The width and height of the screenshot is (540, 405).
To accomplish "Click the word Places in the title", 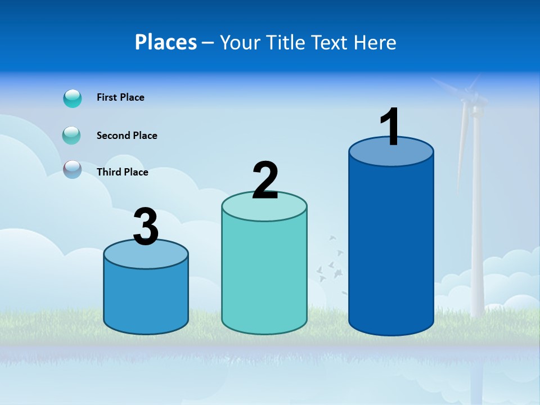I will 166,42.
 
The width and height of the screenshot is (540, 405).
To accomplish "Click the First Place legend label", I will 120,97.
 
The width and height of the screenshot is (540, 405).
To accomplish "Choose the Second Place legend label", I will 127,136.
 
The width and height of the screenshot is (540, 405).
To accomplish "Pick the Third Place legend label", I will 122,172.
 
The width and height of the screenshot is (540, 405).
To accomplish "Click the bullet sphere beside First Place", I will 73,98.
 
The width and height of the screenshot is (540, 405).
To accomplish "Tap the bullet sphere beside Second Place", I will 72,136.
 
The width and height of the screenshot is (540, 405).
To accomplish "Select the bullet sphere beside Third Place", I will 73,169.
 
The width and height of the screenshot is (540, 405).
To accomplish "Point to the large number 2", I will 265,181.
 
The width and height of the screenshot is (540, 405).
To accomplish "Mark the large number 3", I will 146,227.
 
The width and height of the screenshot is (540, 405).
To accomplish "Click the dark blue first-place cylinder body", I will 391,247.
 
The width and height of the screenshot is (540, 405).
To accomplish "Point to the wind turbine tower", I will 477,225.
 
